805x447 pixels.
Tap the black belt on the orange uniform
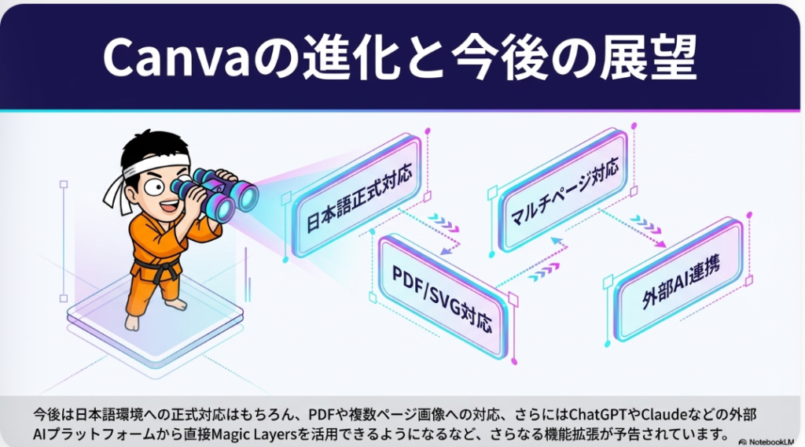point(161,272)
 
